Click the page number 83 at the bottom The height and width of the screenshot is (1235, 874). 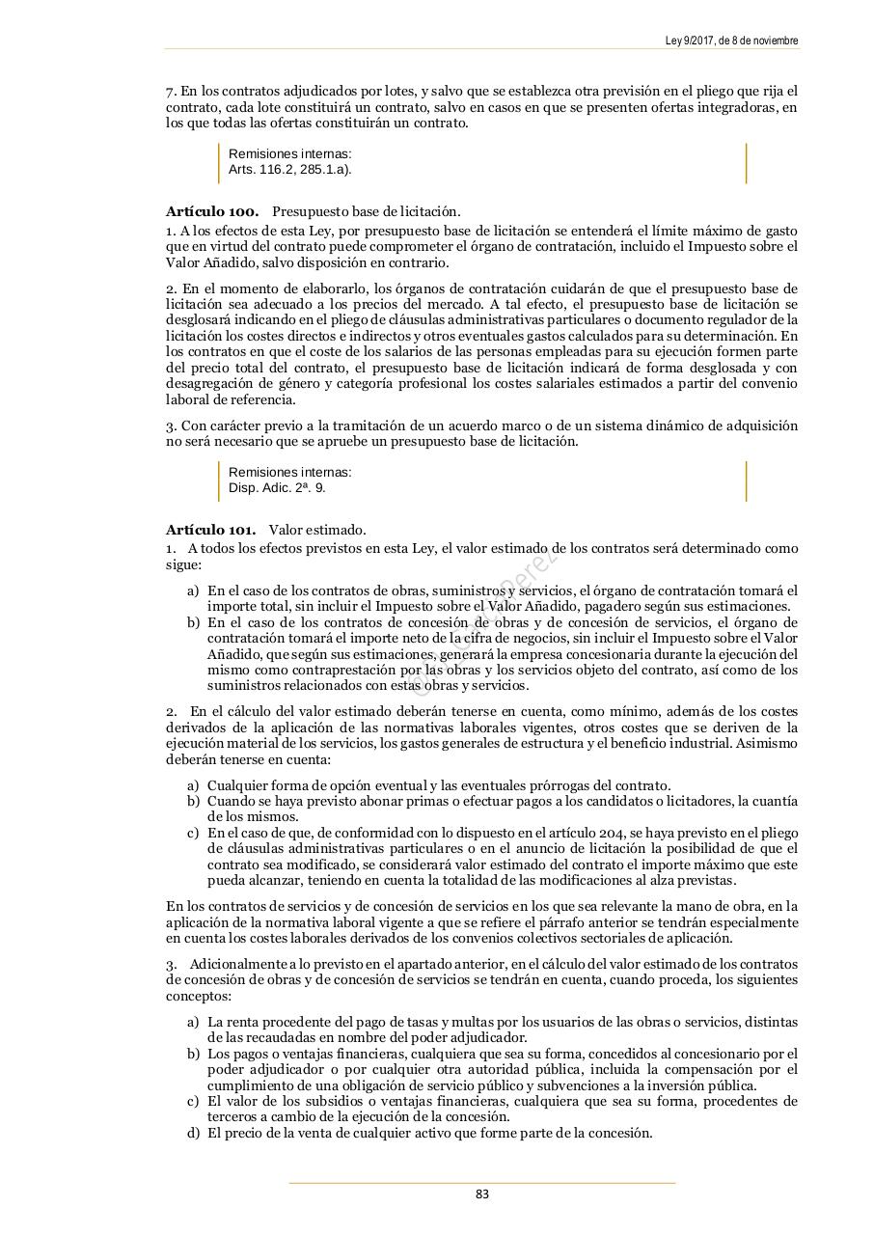point(482,1194)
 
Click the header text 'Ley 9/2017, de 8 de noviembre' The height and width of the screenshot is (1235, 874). point(731,41)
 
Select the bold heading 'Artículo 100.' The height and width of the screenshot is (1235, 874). point(211,211)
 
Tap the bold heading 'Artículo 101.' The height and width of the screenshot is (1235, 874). point(210,530)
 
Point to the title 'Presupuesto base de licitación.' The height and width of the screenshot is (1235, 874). point(367,211)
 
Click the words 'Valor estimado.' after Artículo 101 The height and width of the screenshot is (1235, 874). point(317,530)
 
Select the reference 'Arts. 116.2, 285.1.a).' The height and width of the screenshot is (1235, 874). point(289,170)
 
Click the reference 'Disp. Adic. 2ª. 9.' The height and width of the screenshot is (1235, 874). point(277,488)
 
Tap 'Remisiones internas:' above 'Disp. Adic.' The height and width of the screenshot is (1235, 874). point(289,472)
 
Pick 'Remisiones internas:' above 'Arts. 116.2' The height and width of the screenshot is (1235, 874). point(289,153)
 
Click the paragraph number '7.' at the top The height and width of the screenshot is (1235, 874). point(171,92)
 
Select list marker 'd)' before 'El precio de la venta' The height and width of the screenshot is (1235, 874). point(193,1133)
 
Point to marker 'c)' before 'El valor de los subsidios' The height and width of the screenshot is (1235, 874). point(193,1101)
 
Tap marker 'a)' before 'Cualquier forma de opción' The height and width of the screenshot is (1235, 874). point(193,785)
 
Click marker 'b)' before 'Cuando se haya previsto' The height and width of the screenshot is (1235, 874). point(193,801)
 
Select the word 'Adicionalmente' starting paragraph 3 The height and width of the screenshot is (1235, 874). point(232,964)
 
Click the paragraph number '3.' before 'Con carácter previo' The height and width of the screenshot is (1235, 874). point(171,425)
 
